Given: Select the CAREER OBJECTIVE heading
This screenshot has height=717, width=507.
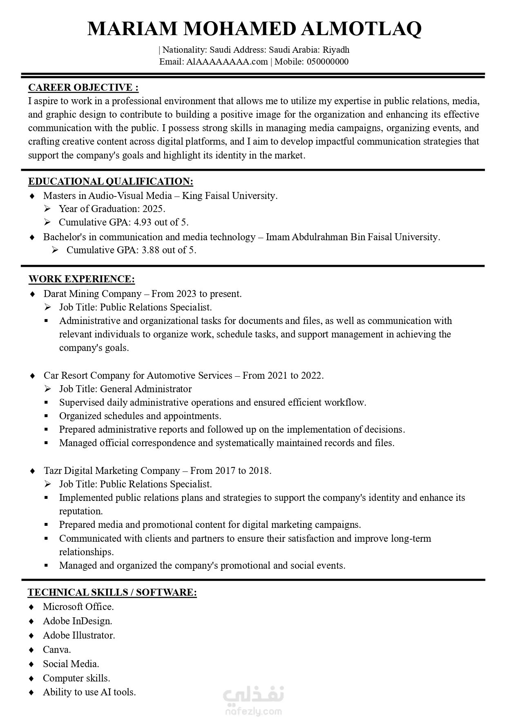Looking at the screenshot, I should (x=83, y=87).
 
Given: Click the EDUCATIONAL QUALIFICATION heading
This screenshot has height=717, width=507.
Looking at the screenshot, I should (x=111, y=181).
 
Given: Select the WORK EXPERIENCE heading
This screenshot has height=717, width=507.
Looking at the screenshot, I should (x=82, y=279).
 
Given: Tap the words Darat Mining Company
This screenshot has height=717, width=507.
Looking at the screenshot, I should (x=92, y=294).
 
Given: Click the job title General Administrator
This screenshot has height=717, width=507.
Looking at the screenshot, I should (x=146, y=389).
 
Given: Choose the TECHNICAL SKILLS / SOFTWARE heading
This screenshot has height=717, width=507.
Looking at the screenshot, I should (x=112, y=592).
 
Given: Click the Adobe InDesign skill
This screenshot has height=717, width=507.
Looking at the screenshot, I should (x=77, y=621).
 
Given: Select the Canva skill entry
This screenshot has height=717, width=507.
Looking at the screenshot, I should (x=57, y=650).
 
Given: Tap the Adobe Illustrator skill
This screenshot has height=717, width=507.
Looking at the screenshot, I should (x=79, y=635).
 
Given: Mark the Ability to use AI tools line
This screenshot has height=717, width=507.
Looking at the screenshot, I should (x=89, y=692).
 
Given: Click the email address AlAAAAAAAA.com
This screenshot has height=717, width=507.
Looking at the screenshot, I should (x=227, y=62).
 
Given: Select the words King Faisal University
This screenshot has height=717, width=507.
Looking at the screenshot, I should (x=229, y=196).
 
